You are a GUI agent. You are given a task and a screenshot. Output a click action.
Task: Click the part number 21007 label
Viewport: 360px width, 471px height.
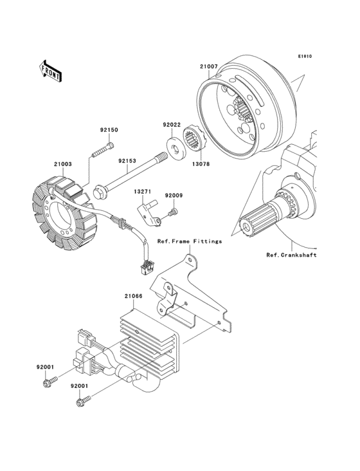208,66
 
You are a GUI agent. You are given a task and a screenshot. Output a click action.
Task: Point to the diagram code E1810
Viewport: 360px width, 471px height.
305,57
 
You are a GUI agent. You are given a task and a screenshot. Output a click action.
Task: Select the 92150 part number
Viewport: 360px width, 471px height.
109,130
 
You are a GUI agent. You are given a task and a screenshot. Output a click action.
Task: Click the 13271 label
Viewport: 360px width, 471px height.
143,192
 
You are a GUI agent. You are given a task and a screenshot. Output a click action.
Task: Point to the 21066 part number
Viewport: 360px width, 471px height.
133,297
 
